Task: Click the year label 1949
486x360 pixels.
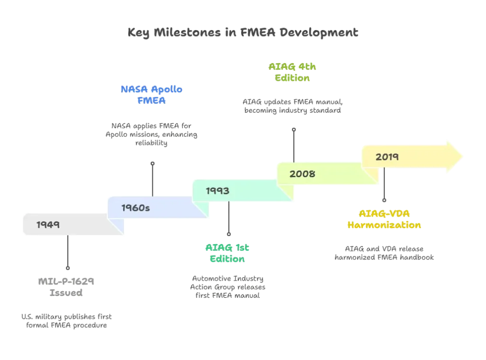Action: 48,225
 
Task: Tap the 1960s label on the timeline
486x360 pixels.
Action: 136,208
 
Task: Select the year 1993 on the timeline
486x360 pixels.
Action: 218,191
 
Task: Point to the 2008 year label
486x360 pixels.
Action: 302,174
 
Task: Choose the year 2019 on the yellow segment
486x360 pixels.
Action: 387,157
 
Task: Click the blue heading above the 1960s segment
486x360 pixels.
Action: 152,95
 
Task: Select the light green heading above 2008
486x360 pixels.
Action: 293,73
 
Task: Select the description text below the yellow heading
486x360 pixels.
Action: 384,253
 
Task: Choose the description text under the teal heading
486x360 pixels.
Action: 227,286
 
